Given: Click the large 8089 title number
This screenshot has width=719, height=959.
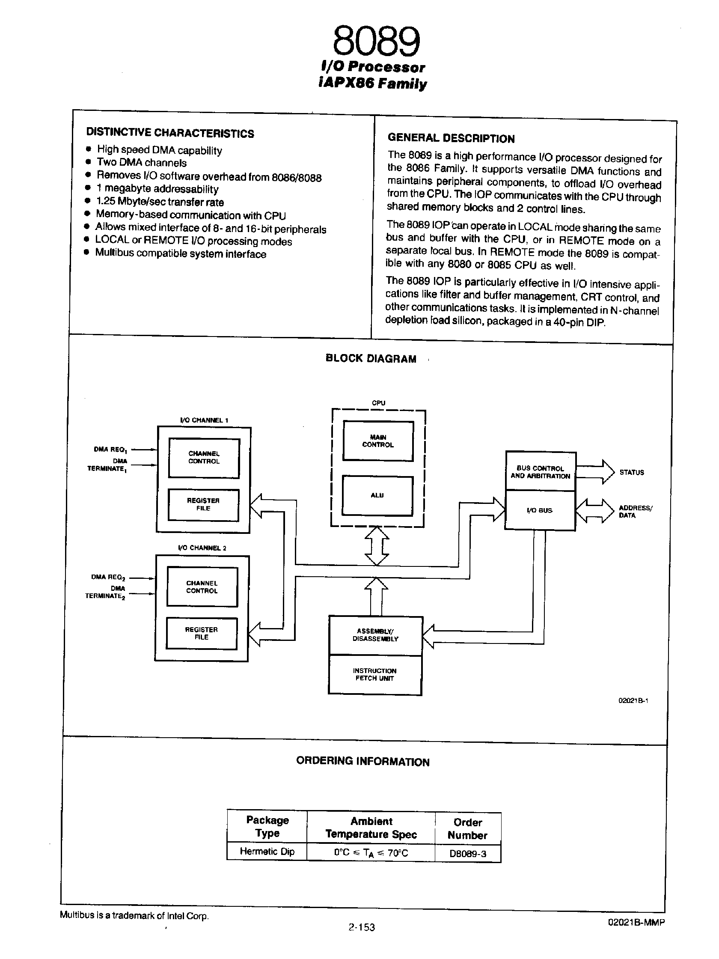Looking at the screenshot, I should pyautogui.click(x=376, y=42).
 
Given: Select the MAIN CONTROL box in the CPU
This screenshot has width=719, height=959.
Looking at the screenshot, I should pyautogui.click(x=378, y=441).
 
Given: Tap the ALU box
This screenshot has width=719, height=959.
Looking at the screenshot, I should pyautogui.click(x=377, y=495).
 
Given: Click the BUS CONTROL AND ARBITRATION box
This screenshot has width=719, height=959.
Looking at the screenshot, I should pyautogui.click(x=541, y=472).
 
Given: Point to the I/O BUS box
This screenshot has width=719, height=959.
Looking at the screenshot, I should pyautogui.click(x=540, y=510).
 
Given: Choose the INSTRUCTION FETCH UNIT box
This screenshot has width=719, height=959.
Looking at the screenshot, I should pyautogui.click(x=374, y=675).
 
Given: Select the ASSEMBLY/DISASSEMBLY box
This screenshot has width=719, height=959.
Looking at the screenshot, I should pyautogui.click(x=375, y=635).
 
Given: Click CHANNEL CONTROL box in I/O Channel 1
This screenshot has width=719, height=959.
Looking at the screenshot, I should pyautogui.click(x=204, y=458).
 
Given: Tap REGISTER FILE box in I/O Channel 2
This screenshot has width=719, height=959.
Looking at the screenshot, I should pyautogui.click(x=202, y=633).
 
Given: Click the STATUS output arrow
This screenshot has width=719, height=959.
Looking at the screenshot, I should pyautogui.click(x=595, y=472).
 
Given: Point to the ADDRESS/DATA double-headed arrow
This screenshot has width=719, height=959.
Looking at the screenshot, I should pyautogui.click(x=594, y=511).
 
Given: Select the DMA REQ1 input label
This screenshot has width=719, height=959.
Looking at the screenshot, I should pyautogui.click(x=110, y=450).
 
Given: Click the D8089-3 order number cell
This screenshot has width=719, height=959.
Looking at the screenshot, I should pyautogui.click(x=468, y=854).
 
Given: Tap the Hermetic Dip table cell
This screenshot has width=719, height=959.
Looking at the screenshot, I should pyautogui.click(x=267, y=852).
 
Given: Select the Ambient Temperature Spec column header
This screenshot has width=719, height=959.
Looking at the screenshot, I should pyautogui.click(x=371, y=828).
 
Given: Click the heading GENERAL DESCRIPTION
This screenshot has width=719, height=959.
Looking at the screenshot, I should pyautogui.click(x=451, y=138).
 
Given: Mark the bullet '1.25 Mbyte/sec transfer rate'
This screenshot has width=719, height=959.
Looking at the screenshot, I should pyautogui.click(x=160, y=202).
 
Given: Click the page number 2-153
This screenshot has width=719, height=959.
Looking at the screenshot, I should pyautogui.click(x=361, y=927).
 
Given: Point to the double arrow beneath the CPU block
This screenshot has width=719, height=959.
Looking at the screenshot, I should pyautogui.click(x=377, y=545).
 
